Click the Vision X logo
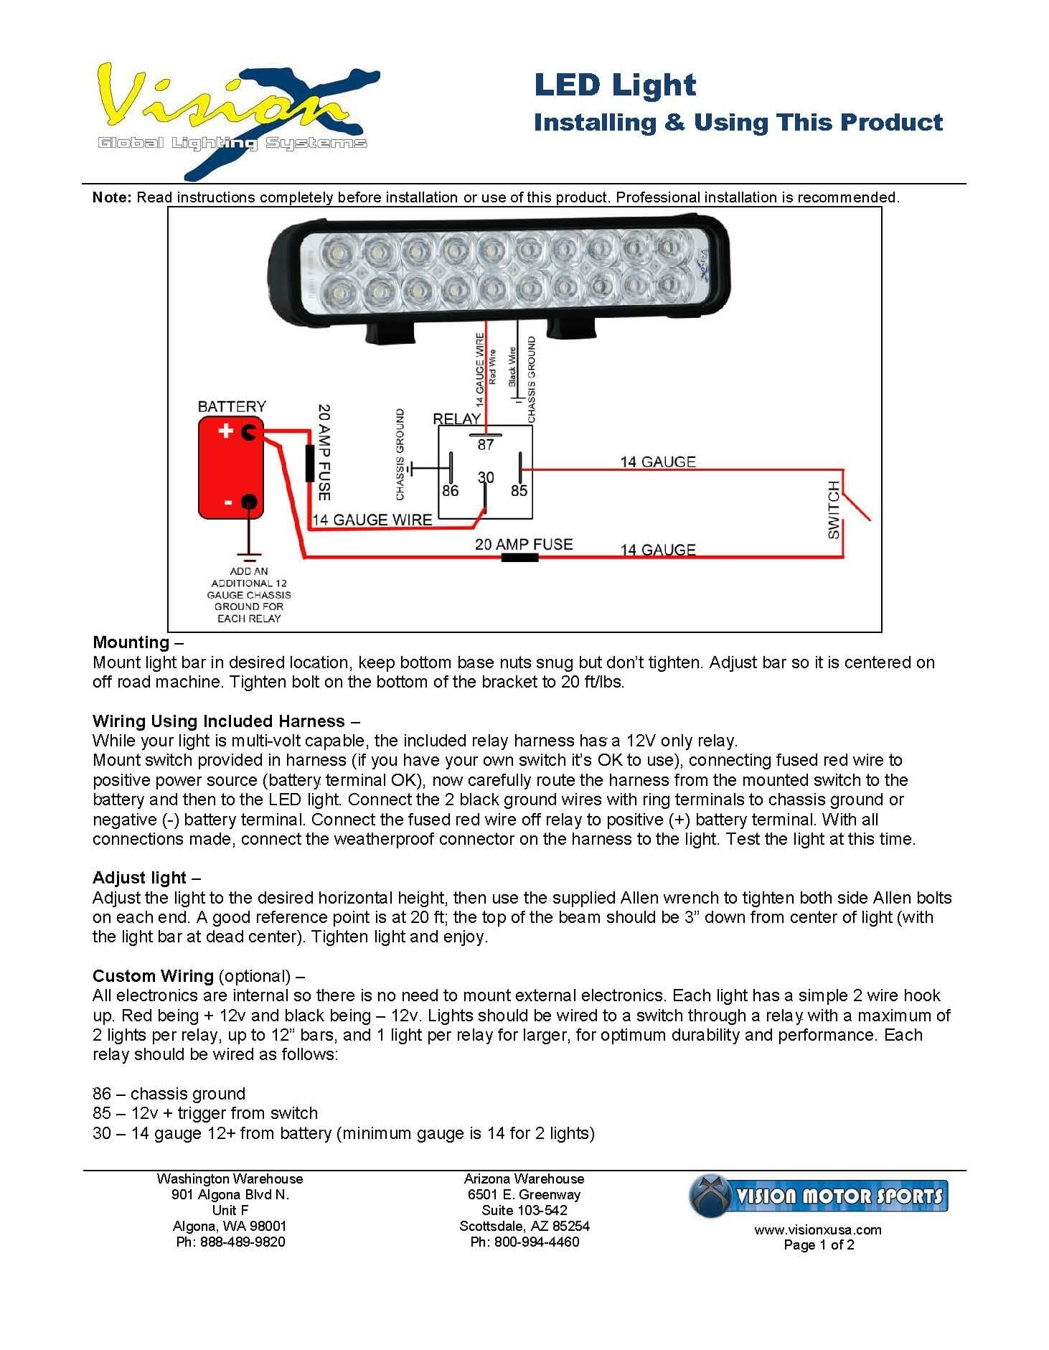[237, 118]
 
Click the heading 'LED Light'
[615, 85]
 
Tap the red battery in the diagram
[231, 468]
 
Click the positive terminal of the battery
[249, 432]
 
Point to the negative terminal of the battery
[249, 502]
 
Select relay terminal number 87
[486, 444]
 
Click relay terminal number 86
[450, 490]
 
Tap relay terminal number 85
[519, 490]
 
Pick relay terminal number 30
[486, 478]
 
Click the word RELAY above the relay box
[456, 418]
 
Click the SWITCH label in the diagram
[833, 510]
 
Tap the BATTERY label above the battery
[231, 406]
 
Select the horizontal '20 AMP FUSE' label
[524, 544]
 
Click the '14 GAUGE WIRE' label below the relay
[372, 520]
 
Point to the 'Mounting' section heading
[131, 642]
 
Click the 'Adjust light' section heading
[139, 878]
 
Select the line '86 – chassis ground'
[169, 1094]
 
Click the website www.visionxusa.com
[818, 1229]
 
